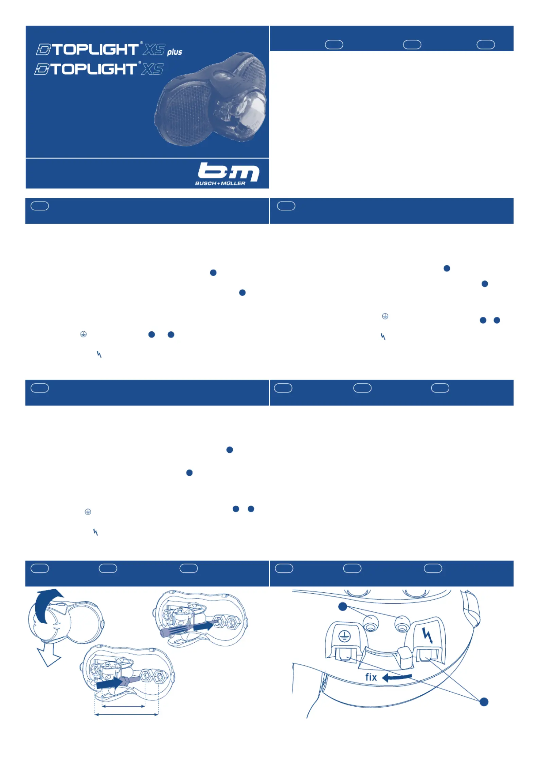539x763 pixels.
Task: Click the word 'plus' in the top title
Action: (175, 52)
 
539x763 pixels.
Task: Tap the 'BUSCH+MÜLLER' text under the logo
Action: (220, 183)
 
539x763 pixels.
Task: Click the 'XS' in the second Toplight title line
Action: (152, 69)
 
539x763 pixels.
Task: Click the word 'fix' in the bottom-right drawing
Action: (371, 677)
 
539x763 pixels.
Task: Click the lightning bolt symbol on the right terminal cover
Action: (427, 635)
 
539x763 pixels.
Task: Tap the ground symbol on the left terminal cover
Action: (344, 636)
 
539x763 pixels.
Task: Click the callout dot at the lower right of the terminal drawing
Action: (484, 701)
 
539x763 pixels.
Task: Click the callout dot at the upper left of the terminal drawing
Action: (343, 606)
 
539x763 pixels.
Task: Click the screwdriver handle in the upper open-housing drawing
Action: (173, 631)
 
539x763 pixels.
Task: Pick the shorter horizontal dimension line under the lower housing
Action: (123, 706)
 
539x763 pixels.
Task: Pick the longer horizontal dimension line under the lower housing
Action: (126, 714)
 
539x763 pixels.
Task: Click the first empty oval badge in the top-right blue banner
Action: (334, 45)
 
